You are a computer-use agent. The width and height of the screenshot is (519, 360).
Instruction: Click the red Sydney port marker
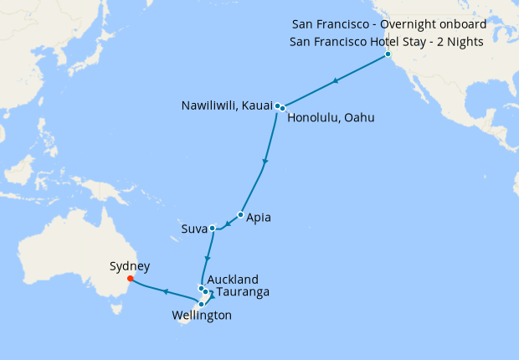tap(130, 280)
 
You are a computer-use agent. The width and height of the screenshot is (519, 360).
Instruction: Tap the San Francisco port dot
tap(388, 55)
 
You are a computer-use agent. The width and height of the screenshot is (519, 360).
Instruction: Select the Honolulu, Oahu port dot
tap(283, 108)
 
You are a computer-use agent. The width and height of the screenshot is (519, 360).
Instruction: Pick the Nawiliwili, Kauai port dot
tap(277, 105)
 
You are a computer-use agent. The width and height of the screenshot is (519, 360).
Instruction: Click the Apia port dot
tap(240, 215)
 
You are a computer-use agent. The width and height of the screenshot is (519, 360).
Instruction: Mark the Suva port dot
tap(213, 228)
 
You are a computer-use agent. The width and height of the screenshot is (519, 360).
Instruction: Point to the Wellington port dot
tap(201, 304)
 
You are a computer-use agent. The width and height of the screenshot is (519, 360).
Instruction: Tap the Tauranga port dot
tap(205, 292)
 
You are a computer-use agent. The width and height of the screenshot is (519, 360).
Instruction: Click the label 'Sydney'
tap(130, 266)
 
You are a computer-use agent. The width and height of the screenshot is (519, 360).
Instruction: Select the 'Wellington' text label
tap(201, 316)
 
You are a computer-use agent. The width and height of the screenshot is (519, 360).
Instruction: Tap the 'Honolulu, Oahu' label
tap(331, 118)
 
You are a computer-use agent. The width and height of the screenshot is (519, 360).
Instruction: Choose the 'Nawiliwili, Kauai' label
tap(226, 105)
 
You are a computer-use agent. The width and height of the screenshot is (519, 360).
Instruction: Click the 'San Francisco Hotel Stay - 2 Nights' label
tap(388, 40)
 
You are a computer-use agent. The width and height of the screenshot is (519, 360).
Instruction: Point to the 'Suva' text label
tap(193, 229)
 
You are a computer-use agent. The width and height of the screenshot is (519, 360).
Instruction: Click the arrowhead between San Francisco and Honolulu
tap(335, 81)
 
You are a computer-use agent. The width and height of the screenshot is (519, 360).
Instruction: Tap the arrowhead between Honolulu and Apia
tap(265, 161)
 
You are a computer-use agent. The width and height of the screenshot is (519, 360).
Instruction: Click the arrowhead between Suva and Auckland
tap(207, 257)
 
